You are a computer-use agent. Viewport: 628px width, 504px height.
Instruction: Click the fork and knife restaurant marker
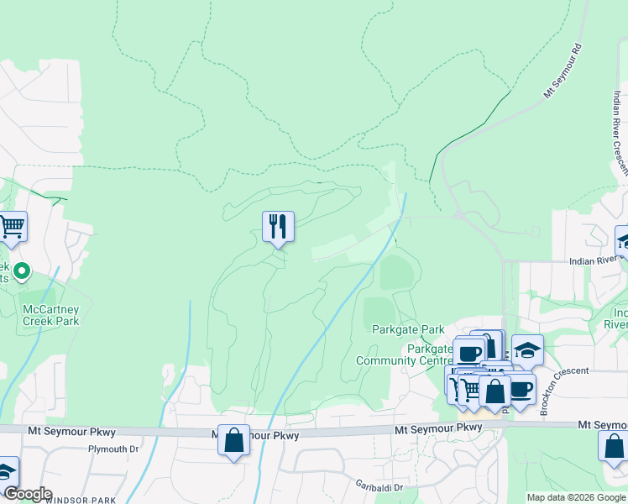pyautogui.click(x=278, y=226)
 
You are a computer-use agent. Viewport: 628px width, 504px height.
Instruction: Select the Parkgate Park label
pyautogui.click(x=408, y=329)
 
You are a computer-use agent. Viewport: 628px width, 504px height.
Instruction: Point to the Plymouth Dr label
pyautogui.click(x=113, y=449)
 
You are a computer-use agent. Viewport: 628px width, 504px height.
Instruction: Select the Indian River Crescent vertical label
pyautogui.click(x=620, y=134)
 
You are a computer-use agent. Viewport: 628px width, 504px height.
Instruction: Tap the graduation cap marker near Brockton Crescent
pyautogui.click(x=527, y=349)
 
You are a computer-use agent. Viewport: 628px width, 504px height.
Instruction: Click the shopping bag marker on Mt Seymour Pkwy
pyautogui.click(x=233, y=439)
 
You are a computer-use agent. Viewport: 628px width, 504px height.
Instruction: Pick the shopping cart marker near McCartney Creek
pyautogui.click(x=12, y=225)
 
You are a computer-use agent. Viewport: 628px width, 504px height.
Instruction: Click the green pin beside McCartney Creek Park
pyautogui.click(x=23, y=271)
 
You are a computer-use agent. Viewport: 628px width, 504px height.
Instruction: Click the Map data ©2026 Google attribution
pyautogui.click(x=577, y=497)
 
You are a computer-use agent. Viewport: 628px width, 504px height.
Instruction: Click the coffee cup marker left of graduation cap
pyautogui.click(x=469, y=352)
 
